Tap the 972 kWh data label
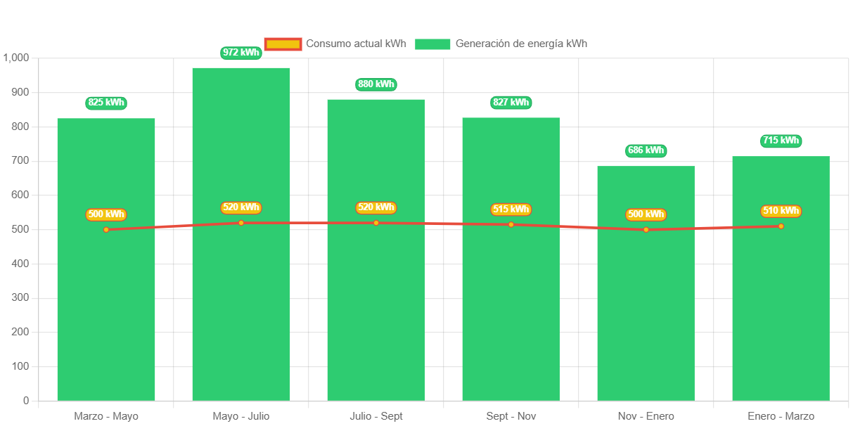[x=241, y=53]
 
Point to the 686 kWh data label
[x=646, y=150]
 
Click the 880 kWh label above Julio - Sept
[x=376, y=84]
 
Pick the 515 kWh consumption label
[x=511, y=209]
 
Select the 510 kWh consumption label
[x=781, y=211]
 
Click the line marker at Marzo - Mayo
[x=106, y=230]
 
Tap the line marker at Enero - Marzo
[x=781, y=226]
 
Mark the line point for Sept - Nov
[x=511, y=224]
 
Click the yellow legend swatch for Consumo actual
[x=283, y=44]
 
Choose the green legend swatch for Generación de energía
[x=432, y=44]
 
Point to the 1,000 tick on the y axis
[x=15, y=58]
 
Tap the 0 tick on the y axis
[x=26, y=401]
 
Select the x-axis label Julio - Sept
[x=376, y=416]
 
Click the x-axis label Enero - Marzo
[x=781, y=416]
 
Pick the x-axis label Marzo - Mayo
[x=106, y=416]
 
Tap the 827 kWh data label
[x=511, y=103]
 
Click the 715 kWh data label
[x=781, y=141]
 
